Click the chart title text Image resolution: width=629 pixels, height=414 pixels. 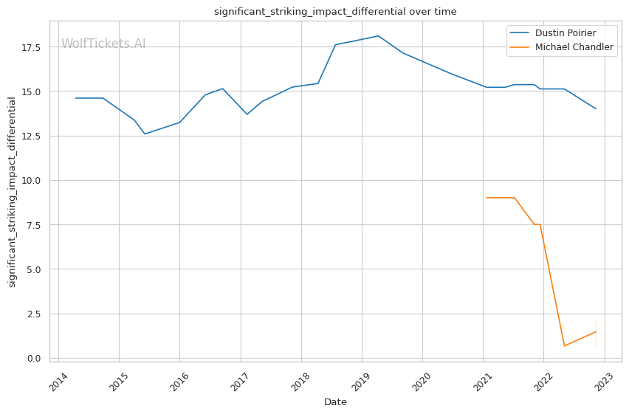(x=335, y=12)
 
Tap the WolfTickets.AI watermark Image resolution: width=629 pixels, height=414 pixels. (x=103, y=44)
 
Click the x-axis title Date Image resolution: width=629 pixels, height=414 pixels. (x=335, y=402)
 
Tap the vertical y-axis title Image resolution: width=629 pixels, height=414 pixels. (x=12, y=192)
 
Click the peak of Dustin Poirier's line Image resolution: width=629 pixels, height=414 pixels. (x=378, y=36)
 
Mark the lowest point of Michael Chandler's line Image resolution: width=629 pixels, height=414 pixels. (x=564, y=346)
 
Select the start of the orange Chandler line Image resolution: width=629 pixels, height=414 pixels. (x=487, y=198)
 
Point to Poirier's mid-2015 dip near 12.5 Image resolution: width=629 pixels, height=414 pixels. (x=145, y=134)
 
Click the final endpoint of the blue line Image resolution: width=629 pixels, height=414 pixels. (x=596, y=109)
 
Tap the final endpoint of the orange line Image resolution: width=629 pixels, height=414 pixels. (x=596, y=331)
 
